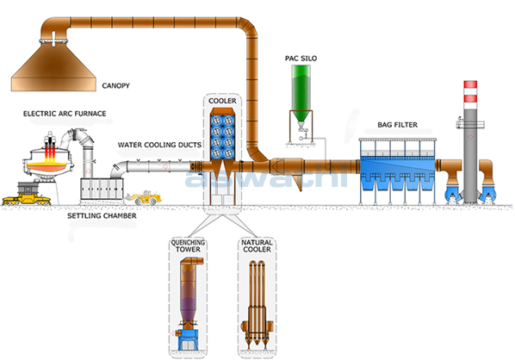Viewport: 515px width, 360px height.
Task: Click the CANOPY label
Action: click(115, 86)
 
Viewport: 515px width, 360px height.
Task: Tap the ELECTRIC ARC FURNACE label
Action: click(65, 114)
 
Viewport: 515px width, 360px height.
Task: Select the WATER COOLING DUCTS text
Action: click(159, 145)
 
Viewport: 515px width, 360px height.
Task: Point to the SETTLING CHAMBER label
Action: click(102, 216)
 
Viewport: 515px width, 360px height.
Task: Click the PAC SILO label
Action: click(301, 59)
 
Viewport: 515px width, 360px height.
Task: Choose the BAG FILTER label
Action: click(397, 125)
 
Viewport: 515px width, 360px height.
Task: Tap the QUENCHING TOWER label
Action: click(188, 246)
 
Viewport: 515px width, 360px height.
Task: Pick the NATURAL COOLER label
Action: click(257, 246)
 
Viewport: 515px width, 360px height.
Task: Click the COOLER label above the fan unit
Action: click(222, 101)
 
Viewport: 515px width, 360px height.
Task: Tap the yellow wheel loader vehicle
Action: click(144, 198)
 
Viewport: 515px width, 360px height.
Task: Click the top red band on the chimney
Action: click(470, 84)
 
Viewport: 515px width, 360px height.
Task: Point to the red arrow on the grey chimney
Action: click(470, 137)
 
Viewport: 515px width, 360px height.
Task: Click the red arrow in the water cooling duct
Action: click(166, 166)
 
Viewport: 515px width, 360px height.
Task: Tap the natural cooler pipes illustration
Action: click(257, 305)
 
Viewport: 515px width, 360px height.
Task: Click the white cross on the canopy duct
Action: click(53, 39)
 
